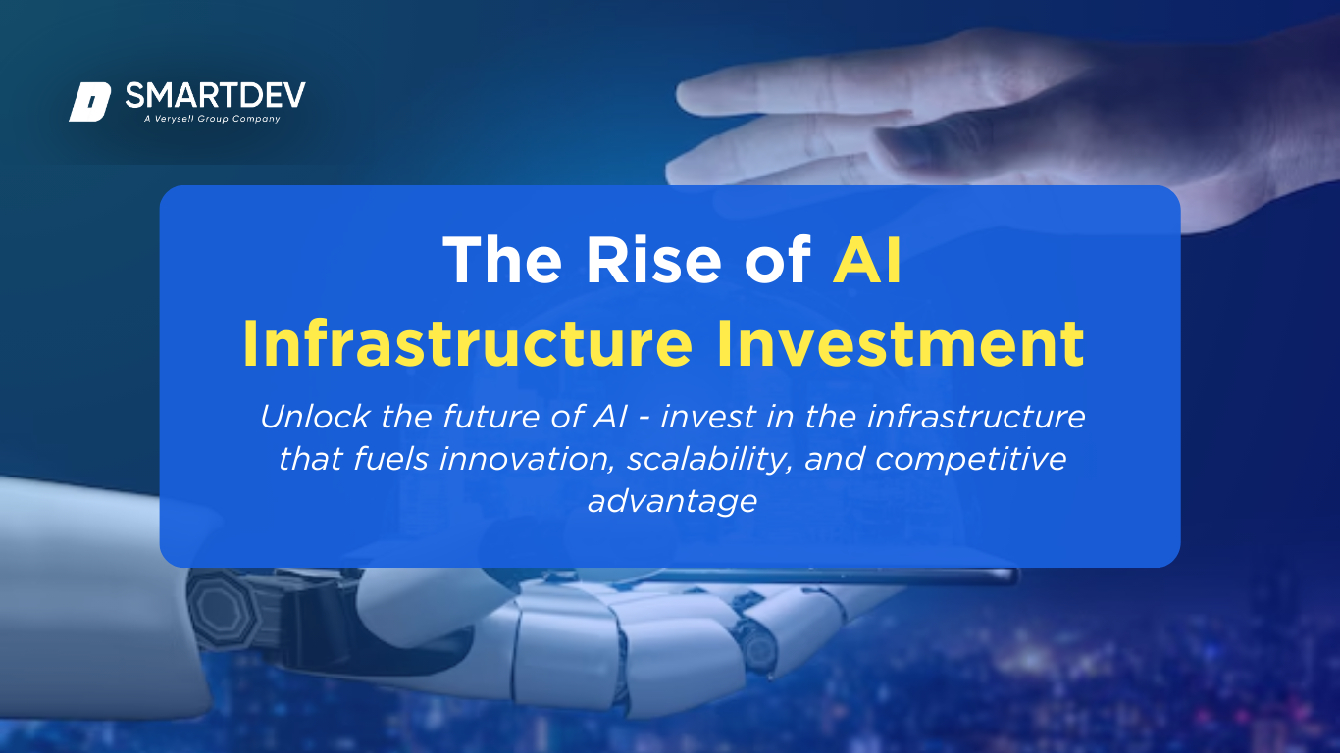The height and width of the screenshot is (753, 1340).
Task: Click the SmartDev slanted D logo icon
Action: point(89,102)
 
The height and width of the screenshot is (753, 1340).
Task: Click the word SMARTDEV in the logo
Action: point(216,95)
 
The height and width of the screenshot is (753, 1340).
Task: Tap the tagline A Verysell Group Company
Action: point(212,119)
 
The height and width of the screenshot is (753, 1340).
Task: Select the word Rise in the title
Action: point(654,260)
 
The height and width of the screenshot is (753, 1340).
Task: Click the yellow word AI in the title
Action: point(867,260)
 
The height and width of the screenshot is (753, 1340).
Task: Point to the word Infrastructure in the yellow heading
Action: point(467,343)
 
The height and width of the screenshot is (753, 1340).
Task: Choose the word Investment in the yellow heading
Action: point(901,343)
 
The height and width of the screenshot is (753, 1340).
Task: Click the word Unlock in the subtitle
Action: point(315,417)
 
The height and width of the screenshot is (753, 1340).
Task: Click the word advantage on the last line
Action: point(672,502)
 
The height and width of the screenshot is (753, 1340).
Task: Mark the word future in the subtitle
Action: point(491,417)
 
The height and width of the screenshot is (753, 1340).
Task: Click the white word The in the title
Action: point(502,260)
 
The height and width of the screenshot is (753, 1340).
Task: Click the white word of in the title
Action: point(778,260)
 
